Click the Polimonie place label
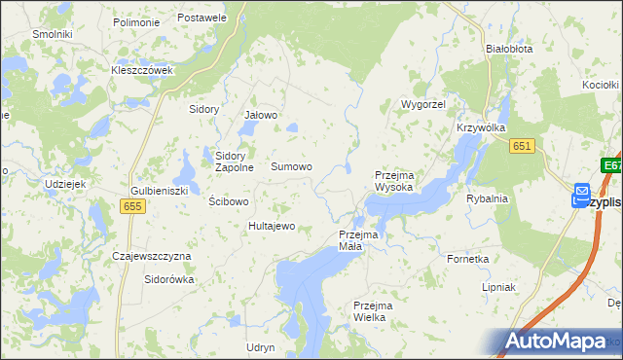[136, 21]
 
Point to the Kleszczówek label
[142, 70]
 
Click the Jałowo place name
[260, 115]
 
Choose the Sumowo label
[291, 167]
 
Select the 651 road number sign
[523, 145]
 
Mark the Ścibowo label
[230, 201]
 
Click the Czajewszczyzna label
[152, 256]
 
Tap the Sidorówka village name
[169, 279]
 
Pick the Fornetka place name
[467, 260]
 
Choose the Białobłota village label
[509, 47]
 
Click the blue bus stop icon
[581, 196]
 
